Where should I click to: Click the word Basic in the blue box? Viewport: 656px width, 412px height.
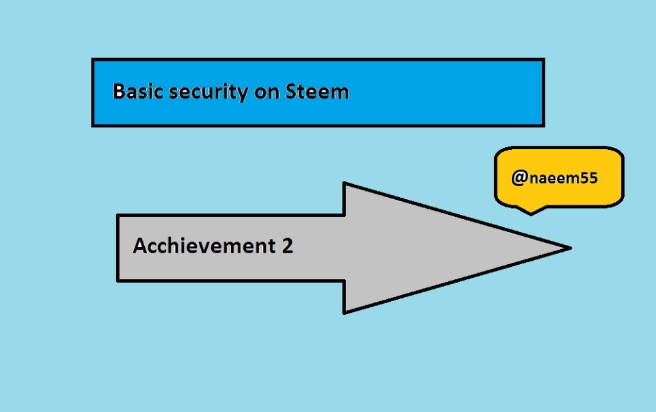[134, 92]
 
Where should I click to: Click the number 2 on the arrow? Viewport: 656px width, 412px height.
[287, 246]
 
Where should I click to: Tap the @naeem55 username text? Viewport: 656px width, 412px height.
[554, 179]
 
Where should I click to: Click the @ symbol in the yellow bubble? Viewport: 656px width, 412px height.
[519, 179]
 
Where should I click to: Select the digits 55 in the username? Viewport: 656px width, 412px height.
[588, 179]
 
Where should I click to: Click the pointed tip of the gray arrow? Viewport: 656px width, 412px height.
[569, 248]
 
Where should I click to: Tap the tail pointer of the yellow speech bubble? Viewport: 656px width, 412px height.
[530, 211]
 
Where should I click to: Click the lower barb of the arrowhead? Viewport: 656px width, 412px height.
[344, 311]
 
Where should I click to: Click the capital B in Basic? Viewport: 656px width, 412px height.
[119, 92]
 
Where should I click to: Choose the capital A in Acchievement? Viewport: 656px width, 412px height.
[140, 246]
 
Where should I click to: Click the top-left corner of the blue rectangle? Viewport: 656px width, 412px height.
[94, 60]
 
